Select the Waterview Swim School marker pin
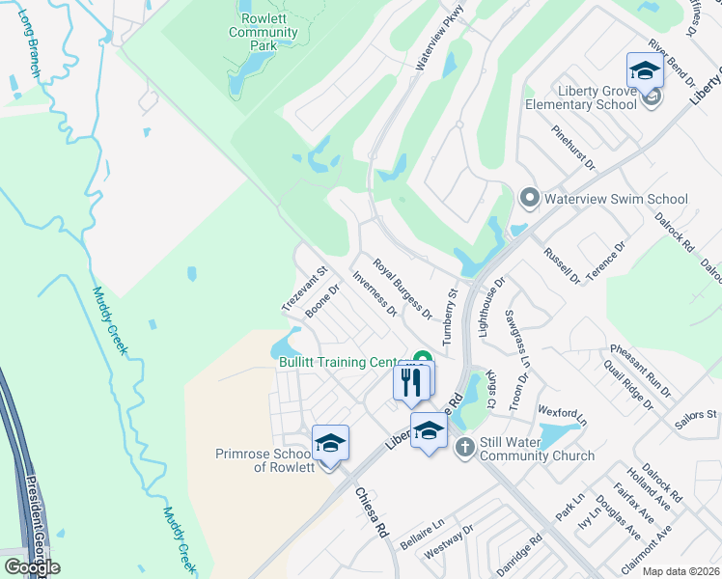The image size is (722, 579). click(x=528, y=199)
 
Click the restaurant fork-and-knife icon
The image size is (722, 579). click(x=411, y=382)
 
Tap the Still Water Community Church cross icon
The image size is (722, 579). click(x=464, y=447)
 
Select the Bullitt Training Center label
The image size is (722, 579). click(x=343, y=362)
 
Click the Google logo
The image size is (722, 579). click(x=32, y=566)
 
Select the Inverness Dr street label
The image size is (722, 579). click(x=375, y=292)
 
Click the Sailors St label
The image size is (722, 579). click(x=698, y=414)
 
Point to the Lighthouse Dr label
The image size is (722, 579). click(x=489, y=307)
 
